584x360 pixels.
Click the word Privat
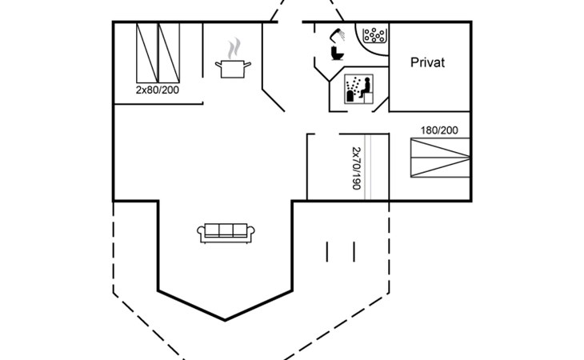click(427, 62)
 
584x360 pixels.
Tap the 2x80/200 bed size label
click(157, 90)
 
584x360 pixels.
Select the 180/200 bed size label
click(439, 130)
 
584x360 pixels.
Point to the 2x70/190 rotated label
click(357, 168)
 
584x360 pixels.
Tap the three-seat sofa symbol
click(226, 234)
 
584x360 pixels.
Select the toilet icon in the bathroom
click(337, 53)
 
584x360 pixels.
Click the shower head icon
click(337, 34)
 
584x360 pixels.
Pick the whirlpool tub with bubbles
click(373, 38)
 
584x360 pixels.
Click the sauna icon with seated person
click(358, 89)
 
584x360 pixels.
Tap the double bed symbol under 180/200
click(440, 158)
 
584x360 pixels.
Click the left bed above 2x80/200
click(147, 53)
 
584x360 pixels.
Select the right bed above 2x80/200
click(169, 53)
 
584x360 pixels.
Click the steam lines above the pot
click(234, 48)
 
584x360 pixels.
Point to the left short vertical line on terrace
click(327, 252)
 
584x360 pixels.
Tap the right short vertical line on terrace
click(354, 252)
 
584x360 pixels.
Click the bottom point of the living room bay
click(225, 320)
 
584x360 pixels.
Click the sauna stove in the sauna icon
click(351, 96)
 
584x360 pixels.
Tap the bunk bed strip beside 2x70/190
click(368, 166)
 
